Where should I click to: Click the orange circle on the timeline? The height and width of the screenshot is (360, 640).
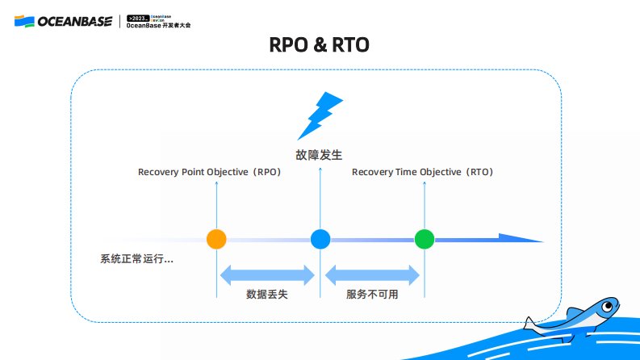tap(216, 239)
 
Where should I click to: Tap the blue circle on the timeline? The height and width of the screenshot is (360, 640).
tap(320, 239)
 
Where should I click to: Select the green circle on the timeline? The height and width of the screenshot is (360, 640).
tap(425, 239)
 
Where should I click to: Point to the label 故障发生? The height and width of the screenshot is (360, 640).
tap(320, 154)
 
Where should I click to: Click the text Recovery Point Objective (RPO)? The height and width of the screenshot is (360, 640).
tap(209, 172)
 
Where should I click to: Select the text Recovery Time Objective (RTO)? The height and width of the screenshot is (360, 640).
tap(422, 172)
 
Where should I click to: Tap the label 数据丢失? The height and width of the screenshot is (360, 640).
tap(267, 295)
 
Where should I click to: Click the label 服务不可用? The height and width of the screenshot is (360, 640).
tap(372, 295)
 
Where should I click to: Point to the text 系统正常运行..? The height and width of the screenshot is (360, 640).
tap(136, 259)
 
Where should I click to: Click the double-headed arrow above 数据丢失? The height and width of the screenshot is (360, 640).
tap(267, 275)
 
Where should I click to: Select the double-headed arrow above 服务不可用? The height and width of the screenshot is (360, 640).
tap(372, 275)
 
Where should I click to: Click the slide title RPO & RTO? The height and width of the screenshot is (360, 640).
tap(320, 45)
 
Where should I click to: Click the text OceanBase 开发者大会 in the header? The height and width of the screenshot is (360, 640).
tap(159, 26)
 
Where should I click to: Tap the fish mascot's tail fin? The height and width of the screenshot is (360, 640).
tap(530, 324)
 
